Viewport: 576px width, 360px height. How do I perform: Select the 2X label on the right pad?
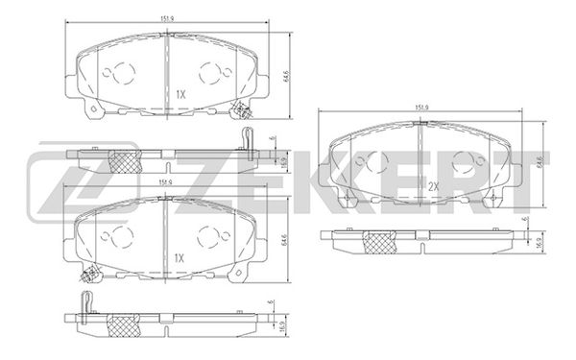[x=433, y=186]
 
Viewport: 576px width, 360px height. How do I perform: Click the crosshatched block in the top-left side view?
[x=122, y=160]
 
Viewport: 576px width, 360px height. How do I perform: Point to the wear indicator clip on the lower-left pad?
[x=93, y=275]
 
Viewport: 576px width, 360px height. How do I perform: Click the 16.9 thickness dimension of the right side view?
[x=535, y=245]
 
